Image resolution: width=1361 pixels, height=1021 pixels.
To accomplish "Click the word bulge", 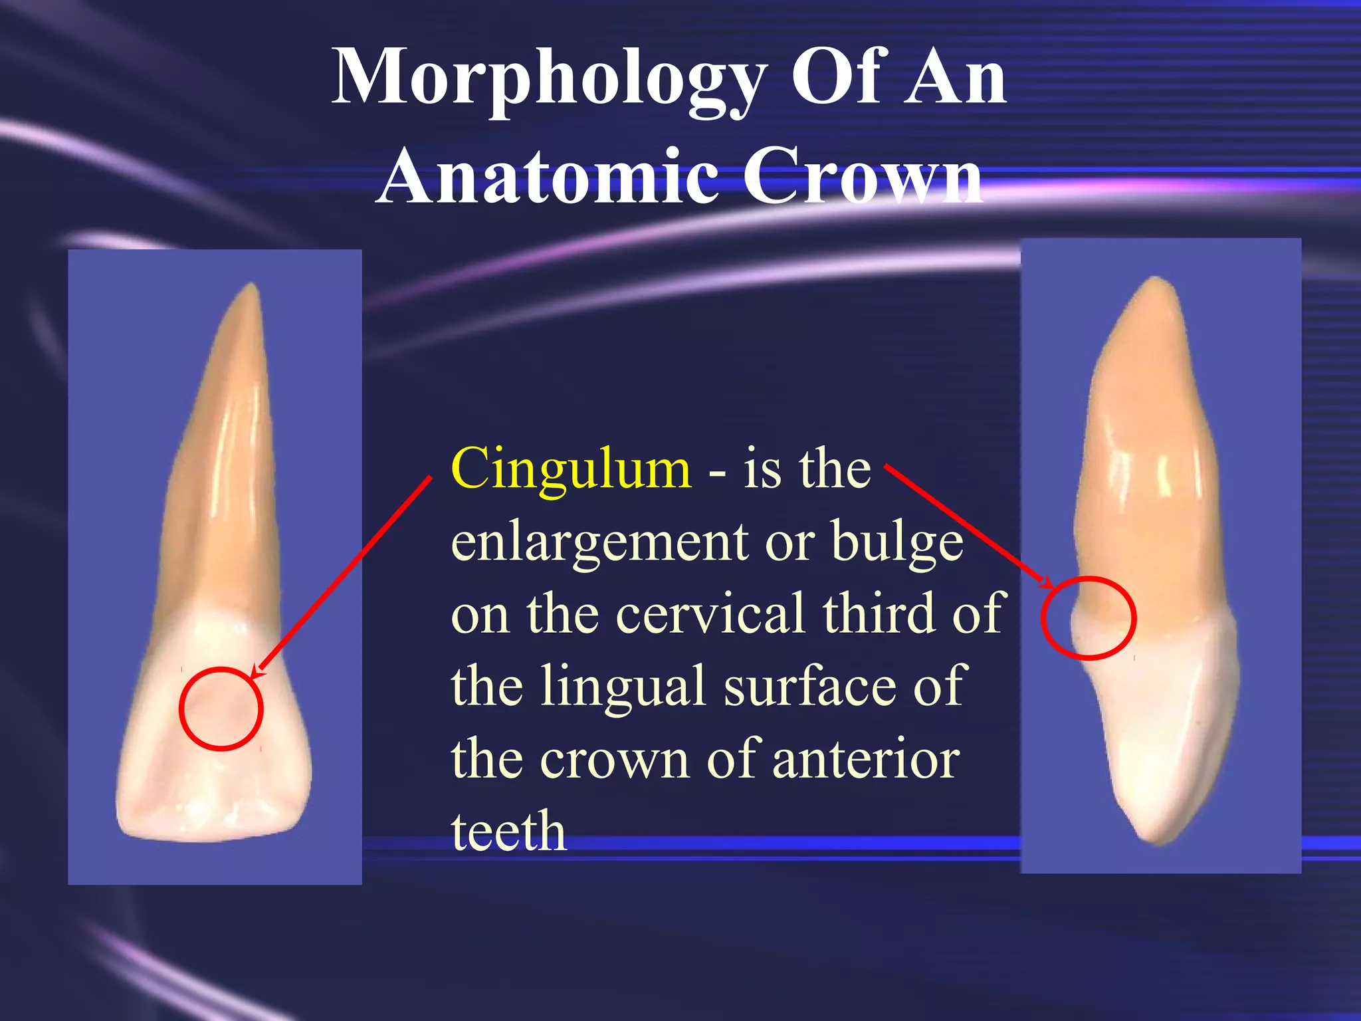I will point(896,542).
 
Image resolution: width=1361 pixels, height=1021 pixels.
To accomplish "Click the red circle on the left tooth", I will point(221,709).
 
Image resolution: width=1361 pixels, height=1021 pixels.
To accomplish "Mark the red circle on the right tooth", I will point(1089,618).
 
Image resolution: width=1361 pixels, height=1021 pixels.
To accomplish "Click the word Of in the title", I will point(837,78).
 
